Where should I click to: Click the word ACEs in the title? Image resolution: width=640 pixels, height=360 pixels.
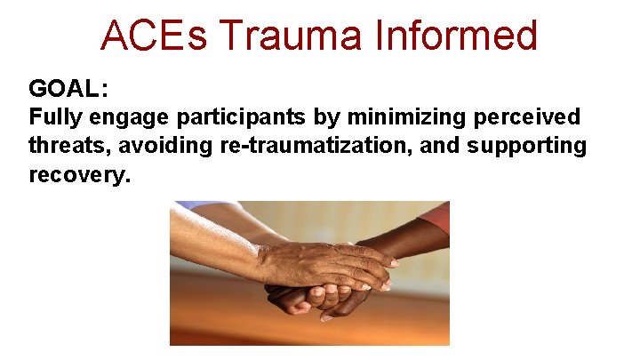(x=152, y=36)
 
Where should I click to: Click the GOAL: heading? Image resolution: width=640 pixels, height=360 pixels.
(x=68, y=89)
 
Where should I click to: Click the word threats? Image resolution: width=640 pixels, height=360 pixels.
(x=65, y=146)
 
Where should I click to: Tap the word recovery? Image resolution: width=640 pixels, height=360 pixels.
(x=79, y=174)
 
